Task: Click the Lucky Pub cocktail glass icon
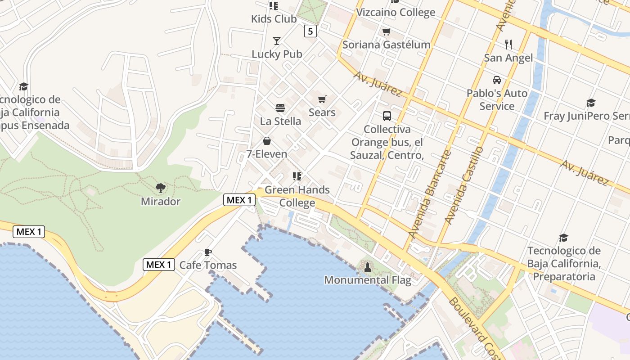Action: tap(277, 41)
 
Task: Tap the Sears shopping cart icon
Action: tap(322, 99)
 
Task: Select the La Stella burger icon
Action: tap(280, 108)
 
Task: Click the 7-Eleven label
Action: tap(266, 154)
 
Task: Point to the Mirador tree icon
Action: tap(160, 188)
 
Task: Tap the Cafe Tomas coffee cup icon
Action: tap(207, 252)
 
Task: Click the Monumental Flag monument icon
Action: tap(368, 267)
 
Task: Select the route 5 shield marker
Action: tap(310, 31)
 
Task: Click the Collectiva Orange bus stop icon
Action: tap(387, 116)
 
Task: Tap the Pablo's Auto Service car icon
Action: tap(497, 80)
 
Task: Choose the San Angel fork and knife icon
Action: tap(508, 44)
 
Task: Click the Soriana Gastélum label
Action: tap(386, 45)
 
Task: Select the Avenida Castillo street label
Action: tap(463, 185)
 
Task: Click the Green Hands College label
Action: tap(297, 196)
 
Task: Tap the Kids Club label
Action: tap(274, 19)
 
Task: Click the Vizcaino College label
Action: tap(396, 12)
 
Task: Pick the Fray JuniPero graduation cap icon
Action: tap(591, 103)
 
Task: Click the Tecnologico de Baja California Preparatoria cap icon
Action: tap(563, 238)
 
